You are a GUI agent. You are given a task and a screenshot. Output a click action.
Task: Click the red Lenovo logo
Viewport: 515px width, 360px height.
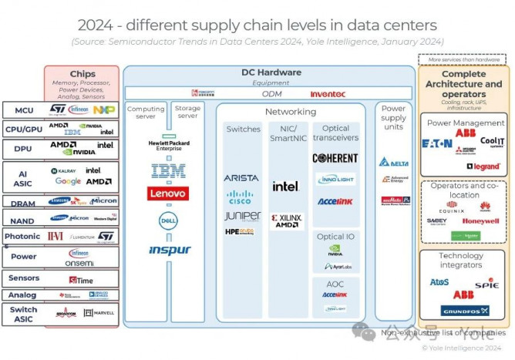tap(167, 193)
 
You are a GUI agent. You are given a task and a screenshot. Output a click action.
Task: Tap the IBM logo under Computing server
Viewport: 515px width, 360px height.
tap(168, 170)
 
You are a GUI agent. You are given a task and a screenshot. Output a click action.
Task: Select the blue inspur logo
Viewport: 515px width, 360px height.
tap(170, 250)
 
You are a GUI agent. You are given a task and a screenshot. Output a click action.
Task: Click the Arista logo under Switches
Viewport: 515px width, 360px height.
tap(241, 178)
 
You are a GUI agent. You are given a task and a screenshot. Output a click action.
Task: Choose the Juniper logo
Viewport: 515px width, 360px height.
tap(241, 216)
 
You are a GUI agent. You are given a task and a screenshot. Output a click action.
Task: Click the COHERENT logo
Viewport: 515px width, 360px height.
tap(335, 158)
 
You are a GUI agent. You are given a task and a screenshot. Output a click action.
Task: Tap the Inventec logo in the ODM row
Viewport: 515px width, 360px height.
tap(327, 94)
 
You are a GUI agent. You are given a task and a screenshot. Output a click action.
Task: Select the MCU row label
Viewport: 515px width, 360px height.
tap(24, 110)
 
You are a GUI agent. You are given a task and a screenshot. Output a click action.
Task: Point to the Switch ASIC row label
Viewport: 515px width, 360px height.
tap(24, 313)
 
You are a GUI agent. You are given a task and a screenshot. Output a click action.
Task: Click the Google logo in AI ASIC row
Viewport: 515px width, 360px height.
tap(68, 181)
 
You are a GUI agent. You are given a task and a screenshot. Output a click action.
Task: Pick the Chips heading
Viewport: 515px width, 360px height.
tap(82, 74)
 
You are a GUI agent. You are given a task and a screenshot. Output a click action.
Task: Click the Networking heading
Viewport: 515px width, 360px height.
tap(291, 112)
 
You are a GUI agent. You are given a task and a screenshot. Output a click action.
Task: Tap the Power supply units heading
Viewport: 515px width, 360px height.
tap(394, 119)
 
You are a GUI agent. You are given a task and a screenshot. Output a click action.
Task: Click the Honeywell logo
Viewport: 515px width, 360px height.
tap(480, 220)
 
